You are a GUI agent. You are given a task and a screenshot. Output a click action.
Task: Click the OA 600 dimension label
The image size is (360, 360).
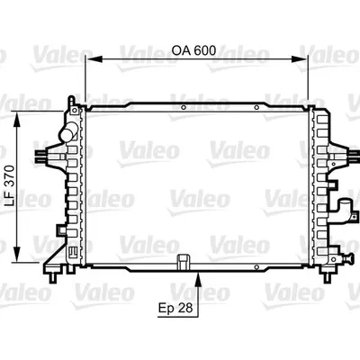click(194, 51)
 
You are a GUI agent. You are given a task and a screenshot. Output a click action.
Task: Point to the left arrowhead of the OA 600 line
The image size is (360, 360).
click(88, 61)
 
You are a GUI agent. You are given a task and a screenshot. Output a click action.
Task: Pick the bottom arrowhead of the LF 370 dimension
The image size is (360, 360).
click(20, 248)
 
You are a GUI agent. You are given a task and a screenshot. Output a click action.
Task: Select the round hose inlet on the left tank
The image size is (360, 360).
click(66, 135)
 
